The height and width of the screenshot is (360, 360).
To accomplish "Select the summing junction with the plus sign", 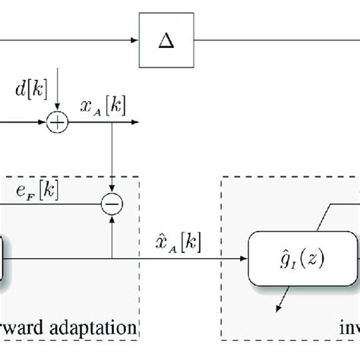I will click(x=58, y=121).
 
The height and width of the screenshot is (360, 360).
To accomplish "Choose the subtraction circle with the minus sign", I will click(x=112, y=204).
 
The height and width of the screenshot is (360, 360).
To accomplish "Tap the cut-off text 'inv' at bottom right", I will click(x=349, y=329).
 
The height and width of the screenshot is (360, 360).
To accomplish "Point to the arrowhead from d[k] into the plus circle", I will click(x=58, y=109).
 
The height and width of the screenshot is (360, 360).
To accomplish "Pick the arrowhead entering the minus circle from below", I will click(x=112, y=216).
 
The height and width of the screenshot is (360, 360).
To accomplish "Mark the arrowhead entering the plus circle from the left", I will click(x=46, y=121).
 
